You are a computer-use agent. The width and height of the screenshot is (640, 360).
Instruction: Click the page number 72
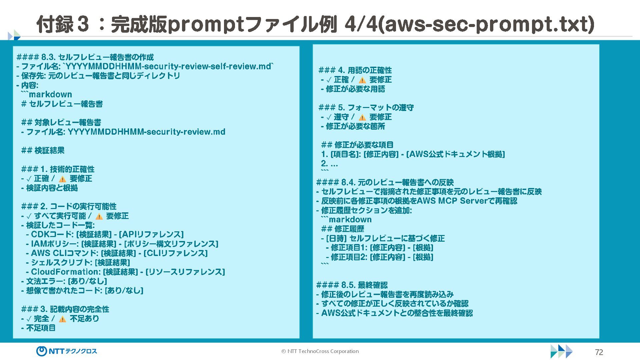(x=599, y=352)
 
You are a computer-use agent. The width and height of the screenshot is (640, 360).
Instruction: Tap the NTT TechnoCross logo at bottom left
(x=67, y=351)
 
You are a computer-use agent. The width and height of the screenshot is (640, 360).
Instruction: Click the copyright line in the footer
(x=320, y=351)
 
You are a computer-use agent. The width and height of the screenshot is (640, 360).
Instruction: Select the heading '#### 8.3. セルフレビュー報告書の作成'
(x=85, y=57)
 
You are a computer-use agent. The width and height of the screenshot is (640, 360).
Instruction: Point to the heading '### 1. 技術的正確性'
(x=58, y=169)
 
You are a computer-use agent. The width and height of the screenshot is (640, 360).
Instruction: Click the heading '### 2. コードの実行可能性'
(x=69, y=207)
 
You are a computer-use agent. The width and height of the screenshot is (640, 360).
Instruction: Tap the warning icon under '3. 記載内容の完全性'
(x=62, y=319)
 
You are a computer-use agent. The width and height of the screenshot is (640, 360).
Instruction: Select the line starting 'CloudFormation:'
(x=125, y=272)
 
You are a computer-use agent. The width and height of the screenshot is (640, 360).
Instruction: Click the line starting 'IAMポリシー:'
(x=122, y=244)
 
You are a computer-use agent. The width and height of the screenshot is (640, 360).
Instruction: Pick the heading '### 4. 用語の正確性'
(x=355, y=70)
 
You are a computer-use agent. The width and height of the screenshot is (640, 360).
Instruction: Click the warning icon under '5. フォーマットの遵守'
(x=362, y=117)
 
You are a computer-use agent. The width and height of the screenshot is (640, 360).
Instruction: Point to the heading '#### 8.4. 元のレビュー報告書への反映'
(x=385, y=182)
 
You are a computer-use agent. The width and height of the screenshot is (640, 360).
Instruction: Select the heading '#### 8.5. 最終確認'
(x=352, y=285)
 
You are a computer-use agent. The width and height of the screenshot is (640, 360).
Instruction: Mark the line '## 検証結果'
(x=43, y=151)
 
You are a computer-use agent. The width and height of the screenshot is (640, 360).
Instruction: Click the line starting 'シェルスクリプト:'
(x=78, y=263)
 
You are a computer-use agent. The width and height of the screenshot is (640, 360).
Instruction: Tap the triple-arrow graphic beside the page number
(x=561, y=351)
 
